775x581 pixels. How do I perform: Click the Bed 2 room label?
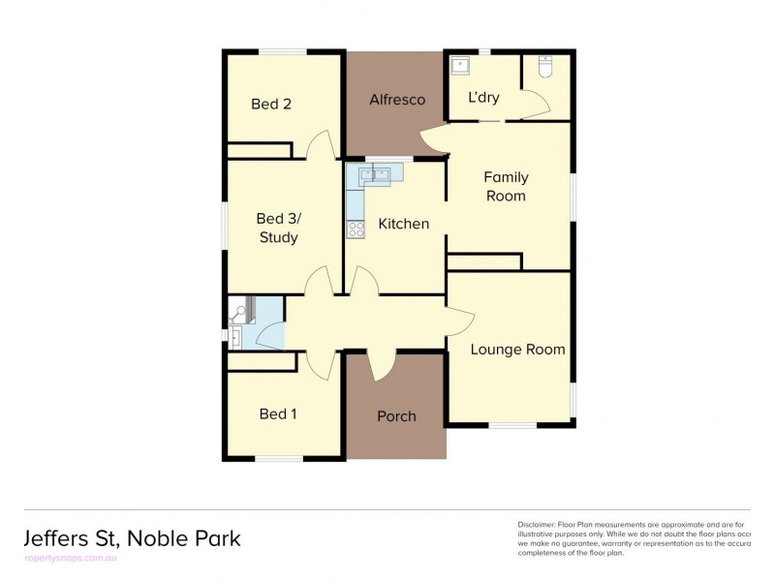click(270, 105)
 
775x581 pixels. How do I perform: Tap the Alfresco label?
click(396, 100)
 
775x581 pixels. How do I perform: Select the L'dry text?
click(483, 98)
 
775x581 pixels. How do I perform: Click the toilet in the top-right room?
click(544, 68)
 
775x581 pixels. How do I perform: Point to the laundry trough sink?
click(461, 66)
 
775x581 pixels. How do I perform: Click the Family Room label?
click(506, 186)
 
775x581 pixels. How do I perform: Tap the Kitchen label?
click(403, 224)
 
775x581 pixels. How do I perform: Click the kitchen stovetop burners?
click(356, 229)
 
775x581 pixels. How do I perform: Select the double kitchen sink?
click(373, 174)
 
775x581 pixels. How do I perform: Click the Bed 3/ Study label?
click(277, 228)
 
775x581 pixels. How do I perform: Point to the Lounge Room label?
click(517, 350)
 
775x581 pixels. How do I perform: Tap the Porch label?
click(396, 416)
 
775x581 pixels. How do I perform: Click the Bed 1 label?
click(278, 414)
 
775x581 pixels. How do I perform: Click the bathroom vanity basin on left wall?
click(237, 336)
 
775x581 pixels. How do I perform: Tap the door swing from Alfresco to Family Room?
click(435, 141)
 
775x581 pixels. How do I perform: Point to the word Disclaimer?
click(538, 524)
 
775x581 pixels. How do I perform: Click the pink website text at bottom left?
click(68, 560)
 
